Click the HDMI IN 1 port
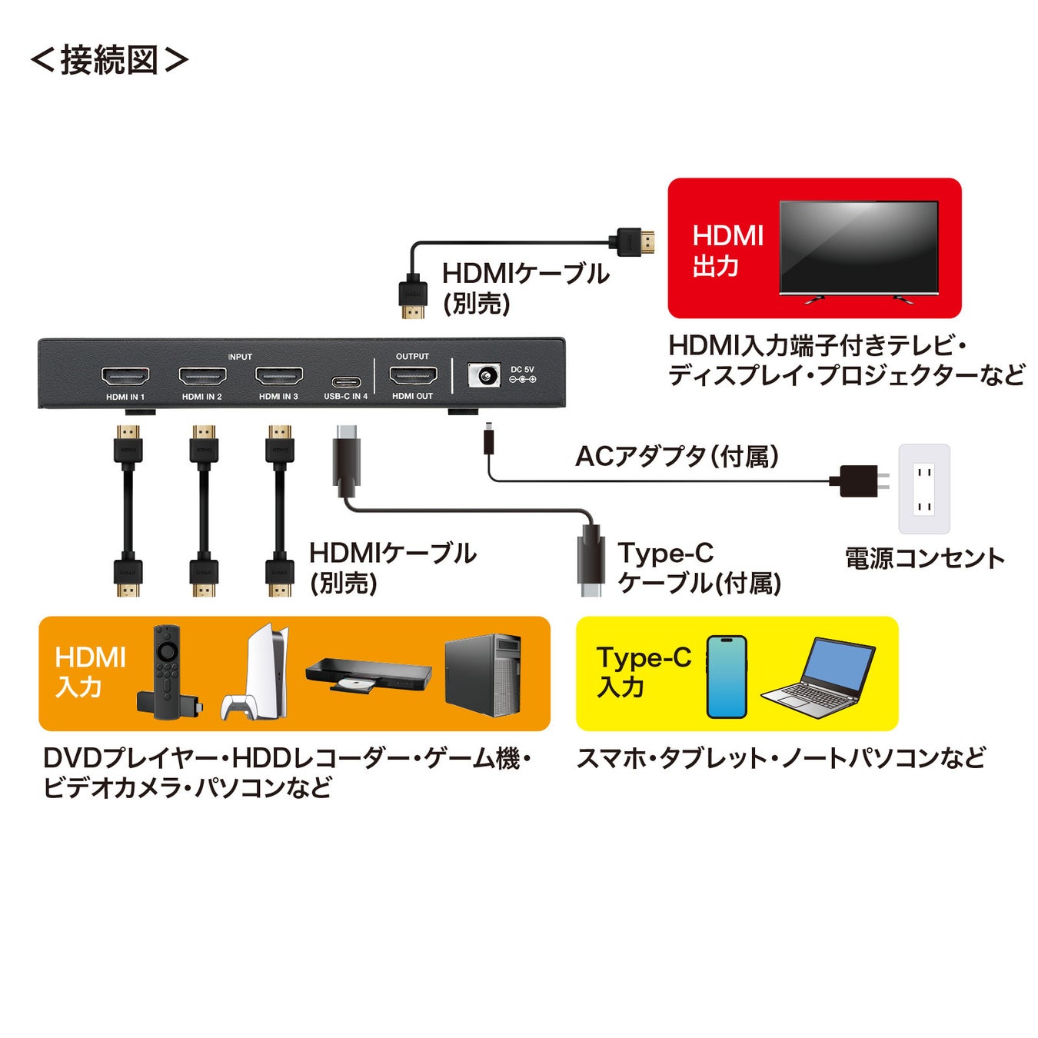click(x=125, y=377)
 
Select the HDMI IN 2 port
click(x=202, y=377)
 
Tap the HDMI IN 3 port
click(x=278, y=377)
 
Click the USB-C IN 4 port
click(x=346, y=381)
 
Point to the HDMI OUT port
click(x=413, y=376)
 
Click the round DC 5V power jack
click(x=484, y=376)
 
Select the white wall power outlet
click(x=924, y=489)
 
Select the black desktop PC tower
click(x=483, y=674)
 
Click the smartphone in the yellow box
click(x=727, y=677)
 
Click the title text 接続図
click(x=109, y=60)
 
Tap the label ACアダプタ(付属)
click(x=677, y=457)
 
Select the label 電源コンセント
click(x=924, y=557)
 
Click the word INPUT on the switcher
click(x=240, y=357)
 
